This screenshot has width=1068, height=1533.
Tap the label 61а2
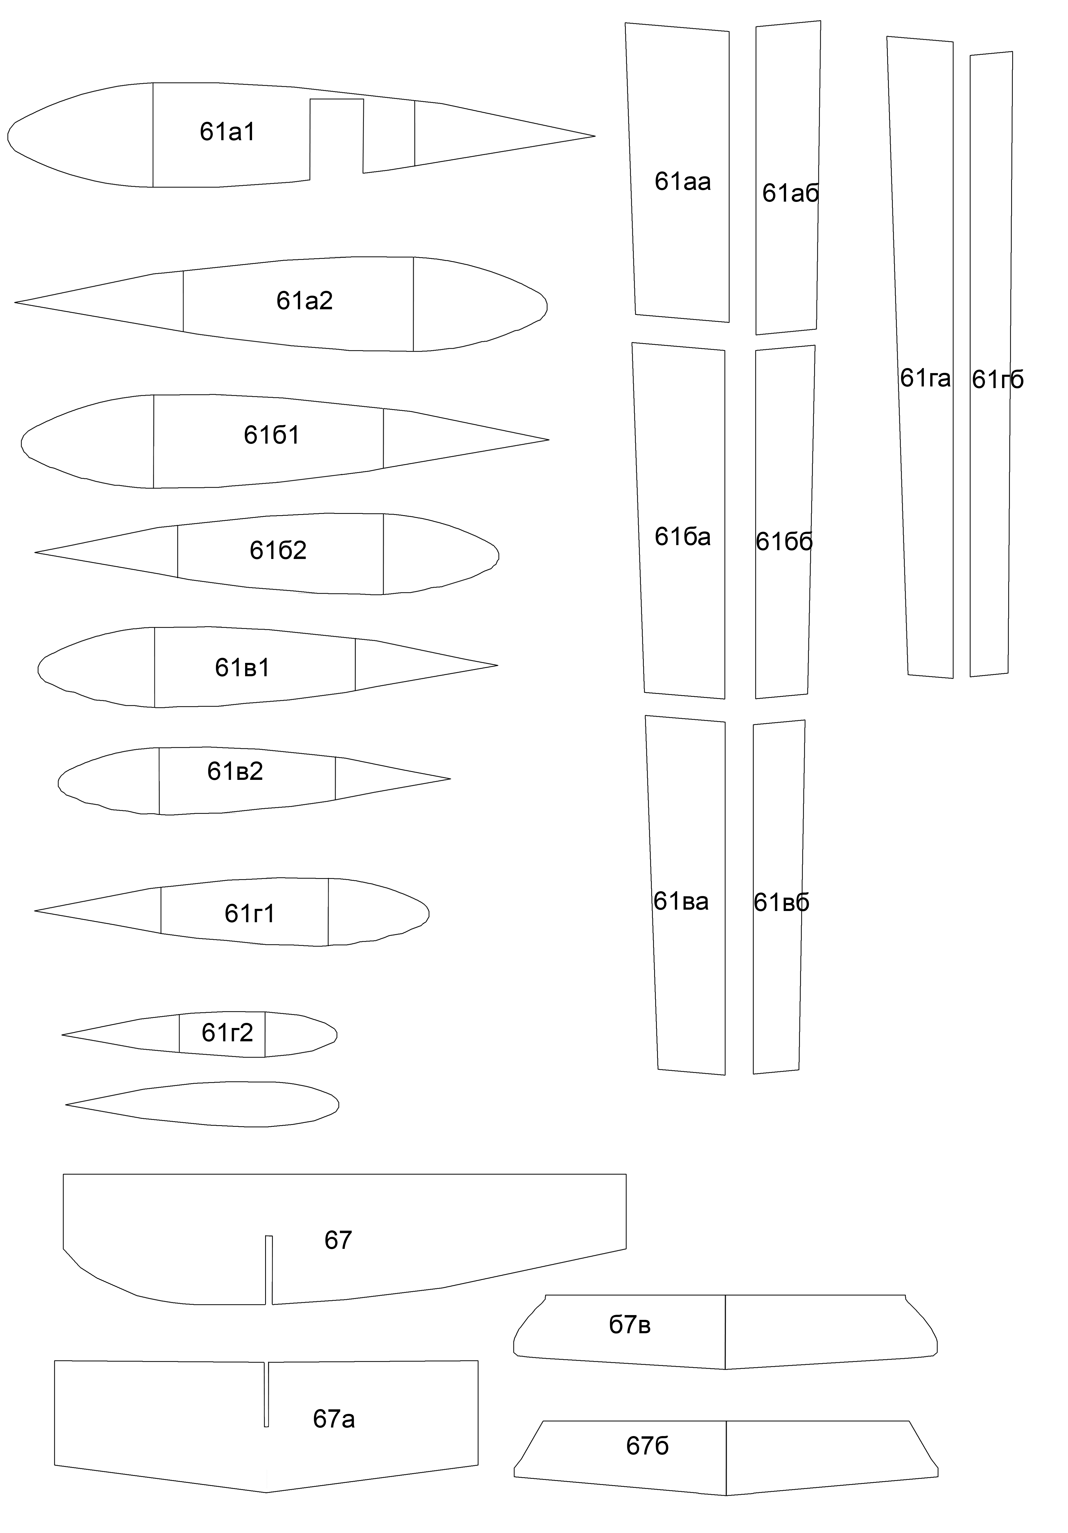tap(304, 301)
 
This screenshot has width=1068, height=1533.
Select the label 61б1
tap(272, 435)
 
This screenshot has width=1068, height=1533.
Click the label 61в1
tap(242, 668)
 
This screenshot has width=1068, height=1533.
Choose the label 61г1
tap(250, 913)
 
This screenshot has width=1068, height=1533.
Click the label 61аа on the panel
tap(682, 182)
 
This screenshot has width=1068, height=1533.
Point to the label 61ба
tap(682, 537)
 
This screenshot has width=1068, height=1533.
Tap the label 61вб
tap(781, 903)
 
